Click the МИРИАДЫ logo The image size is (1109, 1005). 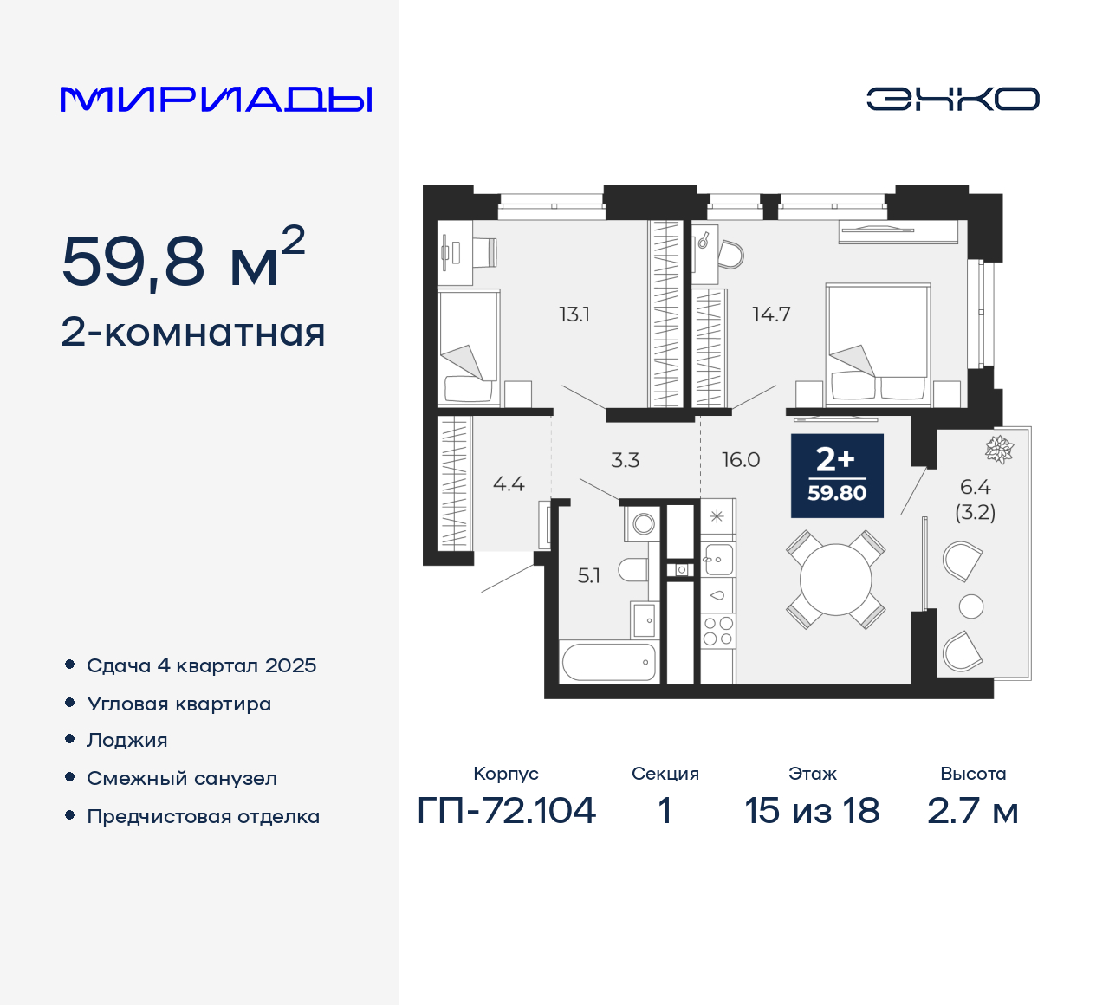click(x=216, y=100)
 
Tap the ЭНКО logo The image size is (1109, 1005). click(x=952, y=99)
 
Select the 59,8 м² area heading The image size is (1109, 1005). click(x=183, y=259)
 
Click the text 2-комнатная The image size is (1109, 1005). click(x=193, y=333)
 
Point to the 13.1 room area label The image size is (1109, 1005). click(x=574, y=314)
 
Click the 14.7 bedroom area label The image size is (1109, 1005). click(x=771, y=314)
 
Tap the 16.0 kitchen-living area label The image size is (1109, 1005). click(x=741, y=460)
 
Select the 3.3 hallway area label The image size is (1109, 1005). click(x=625, y=460)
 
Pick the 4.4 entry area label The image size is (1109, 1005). click(x=509, y=484)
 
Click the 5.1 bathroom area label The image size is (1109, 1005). click(x=589, y=575)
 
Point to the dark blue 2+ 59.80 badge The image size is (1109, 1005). click(x=837, y=476)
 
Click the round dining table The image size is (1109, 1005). click(x=836, y=579)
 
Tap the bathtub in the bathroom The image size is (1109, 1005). click(x=609, y=663)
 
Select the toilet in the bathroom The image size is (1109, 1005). click(x=633, y=571)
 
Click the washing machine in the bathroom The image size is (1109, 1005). click(x=643, y=523)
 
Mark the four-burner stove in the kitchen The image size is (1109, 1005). click(x=717, y=632)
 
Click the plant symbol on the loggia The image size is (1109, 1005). click(x=999, y=449)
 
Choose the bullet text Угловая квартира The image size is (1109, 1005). click(x=178, y=704)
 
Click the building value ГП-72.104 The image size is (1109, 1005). click(x=507, y=811)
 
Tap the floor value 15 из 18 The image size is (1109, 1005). click(x=812, y=811)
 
